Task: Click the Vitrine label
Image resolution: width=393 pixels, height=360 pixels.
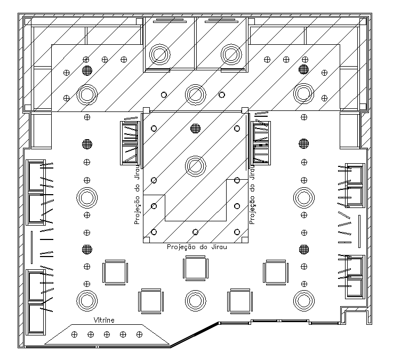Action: click(104, 320)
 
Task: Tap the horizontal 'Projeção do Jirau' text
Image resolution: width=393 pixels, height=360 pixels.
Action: click(197, 247)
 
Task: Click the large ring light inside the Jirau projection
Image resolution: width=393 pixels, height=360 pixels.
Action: click(196, 166)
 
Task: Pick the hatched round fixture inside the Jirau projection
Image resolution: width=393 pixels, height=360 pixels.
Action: click(196, 129)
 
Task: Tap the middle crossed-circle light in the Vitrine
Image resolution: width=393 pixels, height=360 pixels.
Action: click(107, 334)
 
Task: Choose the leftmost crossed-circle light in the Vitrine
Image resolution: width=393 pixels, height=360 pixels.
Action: click(75, 334)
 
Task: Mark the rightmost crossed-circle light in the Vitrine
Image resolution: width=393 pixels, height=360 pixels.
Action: click(139, 334)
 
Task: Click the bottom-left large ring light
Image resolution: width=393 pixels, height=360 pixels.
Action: click(87, 301)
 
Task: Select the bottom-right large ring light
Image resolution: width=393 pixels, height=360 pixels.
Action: click(304, 301)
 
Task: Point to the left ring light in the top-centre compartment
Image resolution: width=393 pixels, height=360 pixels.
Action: click(159, 54)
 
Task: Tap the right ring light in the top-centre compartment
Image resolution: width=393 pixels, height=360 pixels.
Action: click(231, 54)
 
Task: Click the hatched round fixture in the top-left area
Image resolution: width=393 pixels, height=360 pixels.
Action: click(87, 70)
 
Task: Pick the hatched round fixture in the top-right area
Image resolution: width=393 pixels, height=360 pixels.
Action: click(304, 69)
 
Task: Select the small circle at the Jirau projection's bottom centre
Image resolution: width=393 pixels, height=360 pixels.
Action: click(195, 232)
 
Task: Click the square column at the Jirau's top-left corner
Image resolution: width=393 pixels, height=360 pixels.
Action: click(146, 110)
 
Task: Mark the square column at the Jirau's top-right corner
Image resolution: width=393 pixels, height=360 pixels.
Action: click(245, 110)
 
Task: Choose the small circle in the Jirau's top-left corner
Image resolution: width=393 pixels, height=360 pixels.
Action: click(154, 129)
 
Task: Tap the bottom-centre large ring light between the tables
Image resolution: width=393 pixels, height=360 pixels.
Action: click(196, 301)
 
